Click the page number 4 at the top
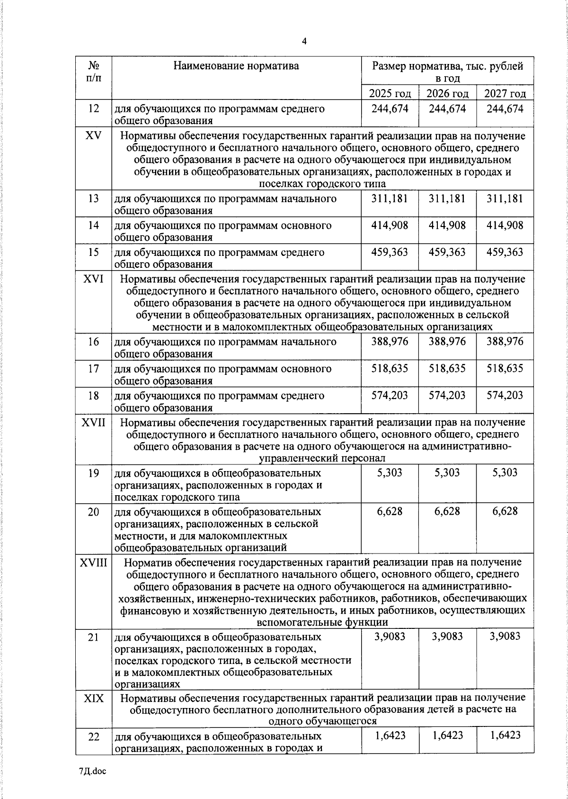304,42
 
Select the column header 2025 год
390,93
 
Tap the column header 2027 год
505,93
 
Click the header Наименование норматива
236,65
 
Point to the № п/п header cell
94,71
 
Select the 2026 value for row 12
447,109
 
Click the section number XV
93,136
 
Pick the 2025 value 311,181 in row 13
390,198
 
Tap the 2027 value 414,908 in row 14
505,225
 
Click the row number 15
94,252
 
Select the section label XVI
93,279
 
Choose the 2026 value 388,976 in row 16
447,342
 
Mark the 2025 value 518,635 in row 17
390,368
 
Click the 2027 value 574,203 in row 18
505,395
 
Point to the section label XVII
93,422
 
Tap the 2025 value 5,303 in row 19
390,472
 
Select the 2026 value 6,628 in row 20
447,511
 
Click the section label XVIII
93,563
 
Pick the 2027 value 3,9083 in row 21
505,636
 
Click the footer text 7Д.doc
93,772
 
